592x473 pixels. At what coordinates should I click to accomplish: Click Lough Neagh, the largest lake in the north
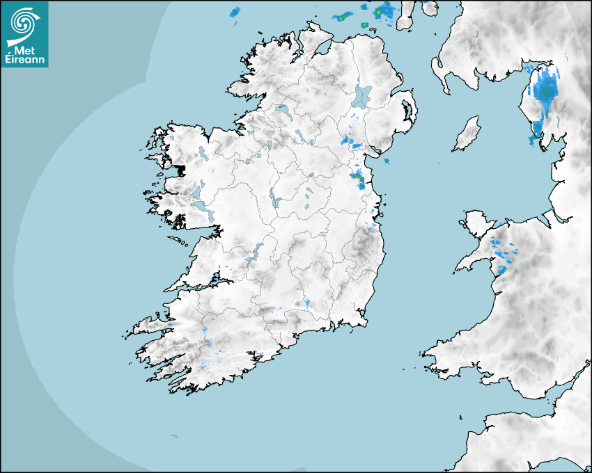tap(362, 95)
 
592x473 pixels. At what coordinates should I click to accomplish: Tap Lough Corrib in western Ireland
tap(204, 207)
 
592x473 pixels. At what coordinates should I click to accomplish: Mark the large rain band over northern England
tap(545, 97)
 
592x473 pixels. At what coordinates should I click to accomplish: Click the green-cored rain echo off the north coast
tap(382, 12)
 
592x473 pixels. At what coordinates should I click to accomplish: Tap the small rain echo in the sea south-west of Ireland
tap(174, 436)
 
